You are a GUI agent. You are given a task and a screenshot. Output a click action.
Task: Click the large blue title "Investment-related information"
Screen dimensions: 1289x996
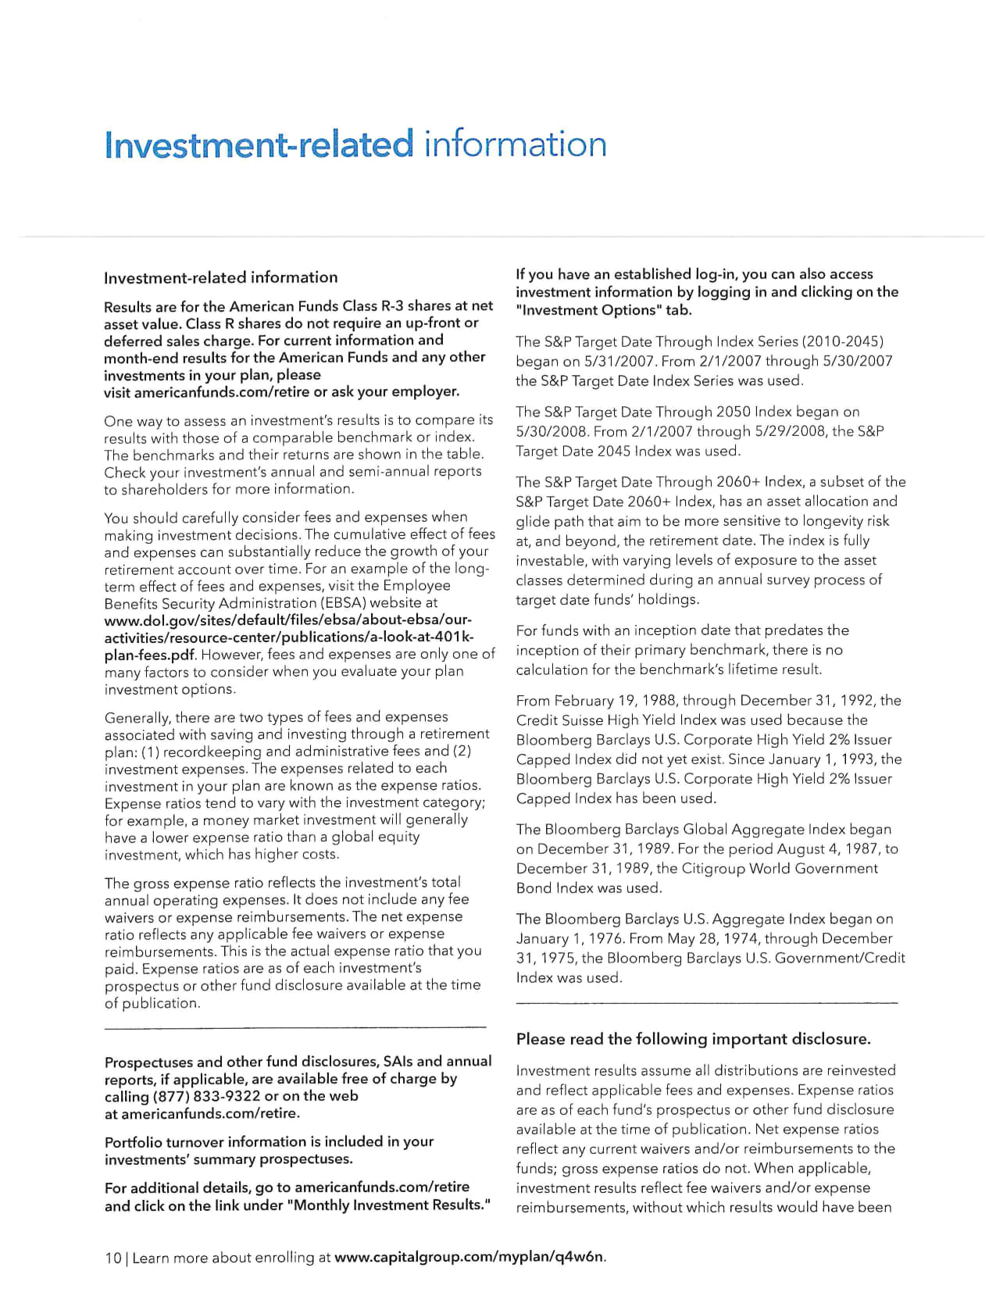pos(355,145)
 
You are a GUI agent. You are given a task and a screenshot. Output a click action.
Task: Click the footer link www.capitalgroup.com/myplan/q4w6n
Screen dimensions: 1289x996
pos(469,1257)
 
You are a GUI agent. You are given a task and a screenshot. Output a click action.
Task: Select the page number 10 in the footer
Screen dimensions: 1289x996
pos(112,1258)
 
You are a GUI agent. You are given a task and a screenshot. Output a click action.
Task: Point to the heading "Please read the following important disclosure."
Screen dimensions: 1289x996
pos(693,1039)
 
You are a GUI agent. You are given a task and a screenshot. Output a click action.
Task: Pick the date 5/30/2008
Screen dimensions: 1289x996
pos(549,431)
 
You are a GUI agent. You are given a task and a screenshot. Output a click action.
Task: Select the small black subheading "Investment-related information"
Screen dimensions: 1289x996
pos(220,277)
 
